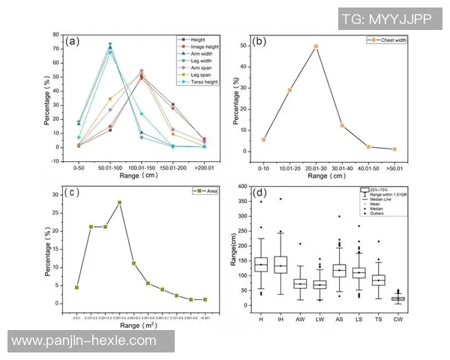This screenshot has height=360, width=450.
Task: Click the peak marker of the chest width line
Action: pyautogui.click(x=316, y=46)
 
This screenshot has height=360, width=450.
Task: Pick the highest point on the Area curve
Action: pyautogui.click(x=119, y=202)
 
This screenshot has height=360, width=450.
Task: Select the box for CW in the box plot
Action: pyautogui.click(x=418, y=298)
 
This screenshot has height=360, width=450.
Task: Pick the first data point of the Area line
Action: pyautogui.click(x=76, y=287)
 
